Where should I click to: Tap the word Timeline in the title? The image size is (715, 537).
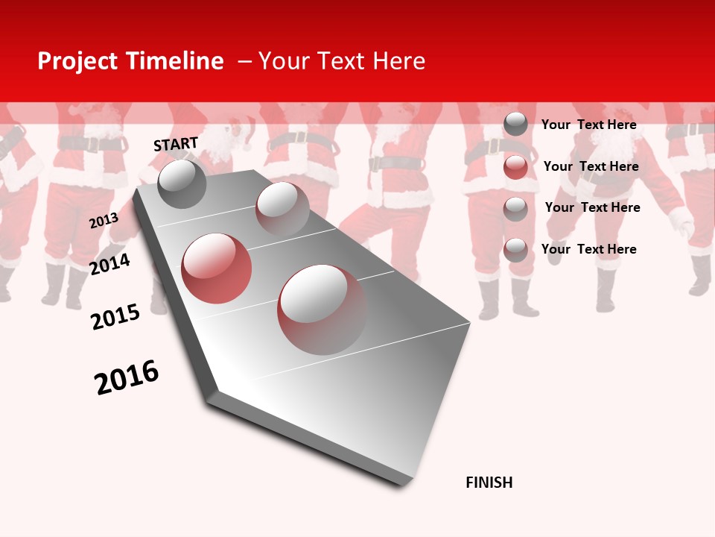175,61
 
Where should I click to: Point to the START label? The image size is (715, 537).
176,144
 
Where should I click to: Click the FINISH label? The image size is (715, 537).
489,483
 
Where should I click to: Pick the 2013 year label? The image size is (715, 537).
104,221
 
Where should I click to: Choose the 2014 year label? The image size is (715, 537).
110,264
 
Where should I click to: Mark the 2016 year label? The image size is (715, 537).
127,377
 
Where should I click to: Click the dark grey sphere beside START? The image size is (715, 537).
182,183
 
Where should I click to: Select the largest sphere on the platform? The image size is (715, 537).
322,309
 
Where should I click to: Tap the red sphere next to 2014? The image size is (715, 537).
217,268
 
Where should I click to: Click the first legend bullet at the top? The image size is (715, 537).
515,124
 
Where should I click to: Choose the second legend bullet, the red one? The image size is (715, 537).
515,167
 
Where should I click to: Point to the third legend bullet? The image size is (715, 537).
515,209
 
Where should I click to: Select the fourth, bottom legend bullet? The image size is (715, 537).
515,250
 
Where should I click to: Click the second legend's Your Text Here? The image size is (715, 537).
591,166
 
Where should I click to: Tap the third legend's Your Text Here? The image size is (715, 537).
593,207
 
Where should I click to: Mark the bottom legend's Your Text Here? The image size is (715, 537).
589,249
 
